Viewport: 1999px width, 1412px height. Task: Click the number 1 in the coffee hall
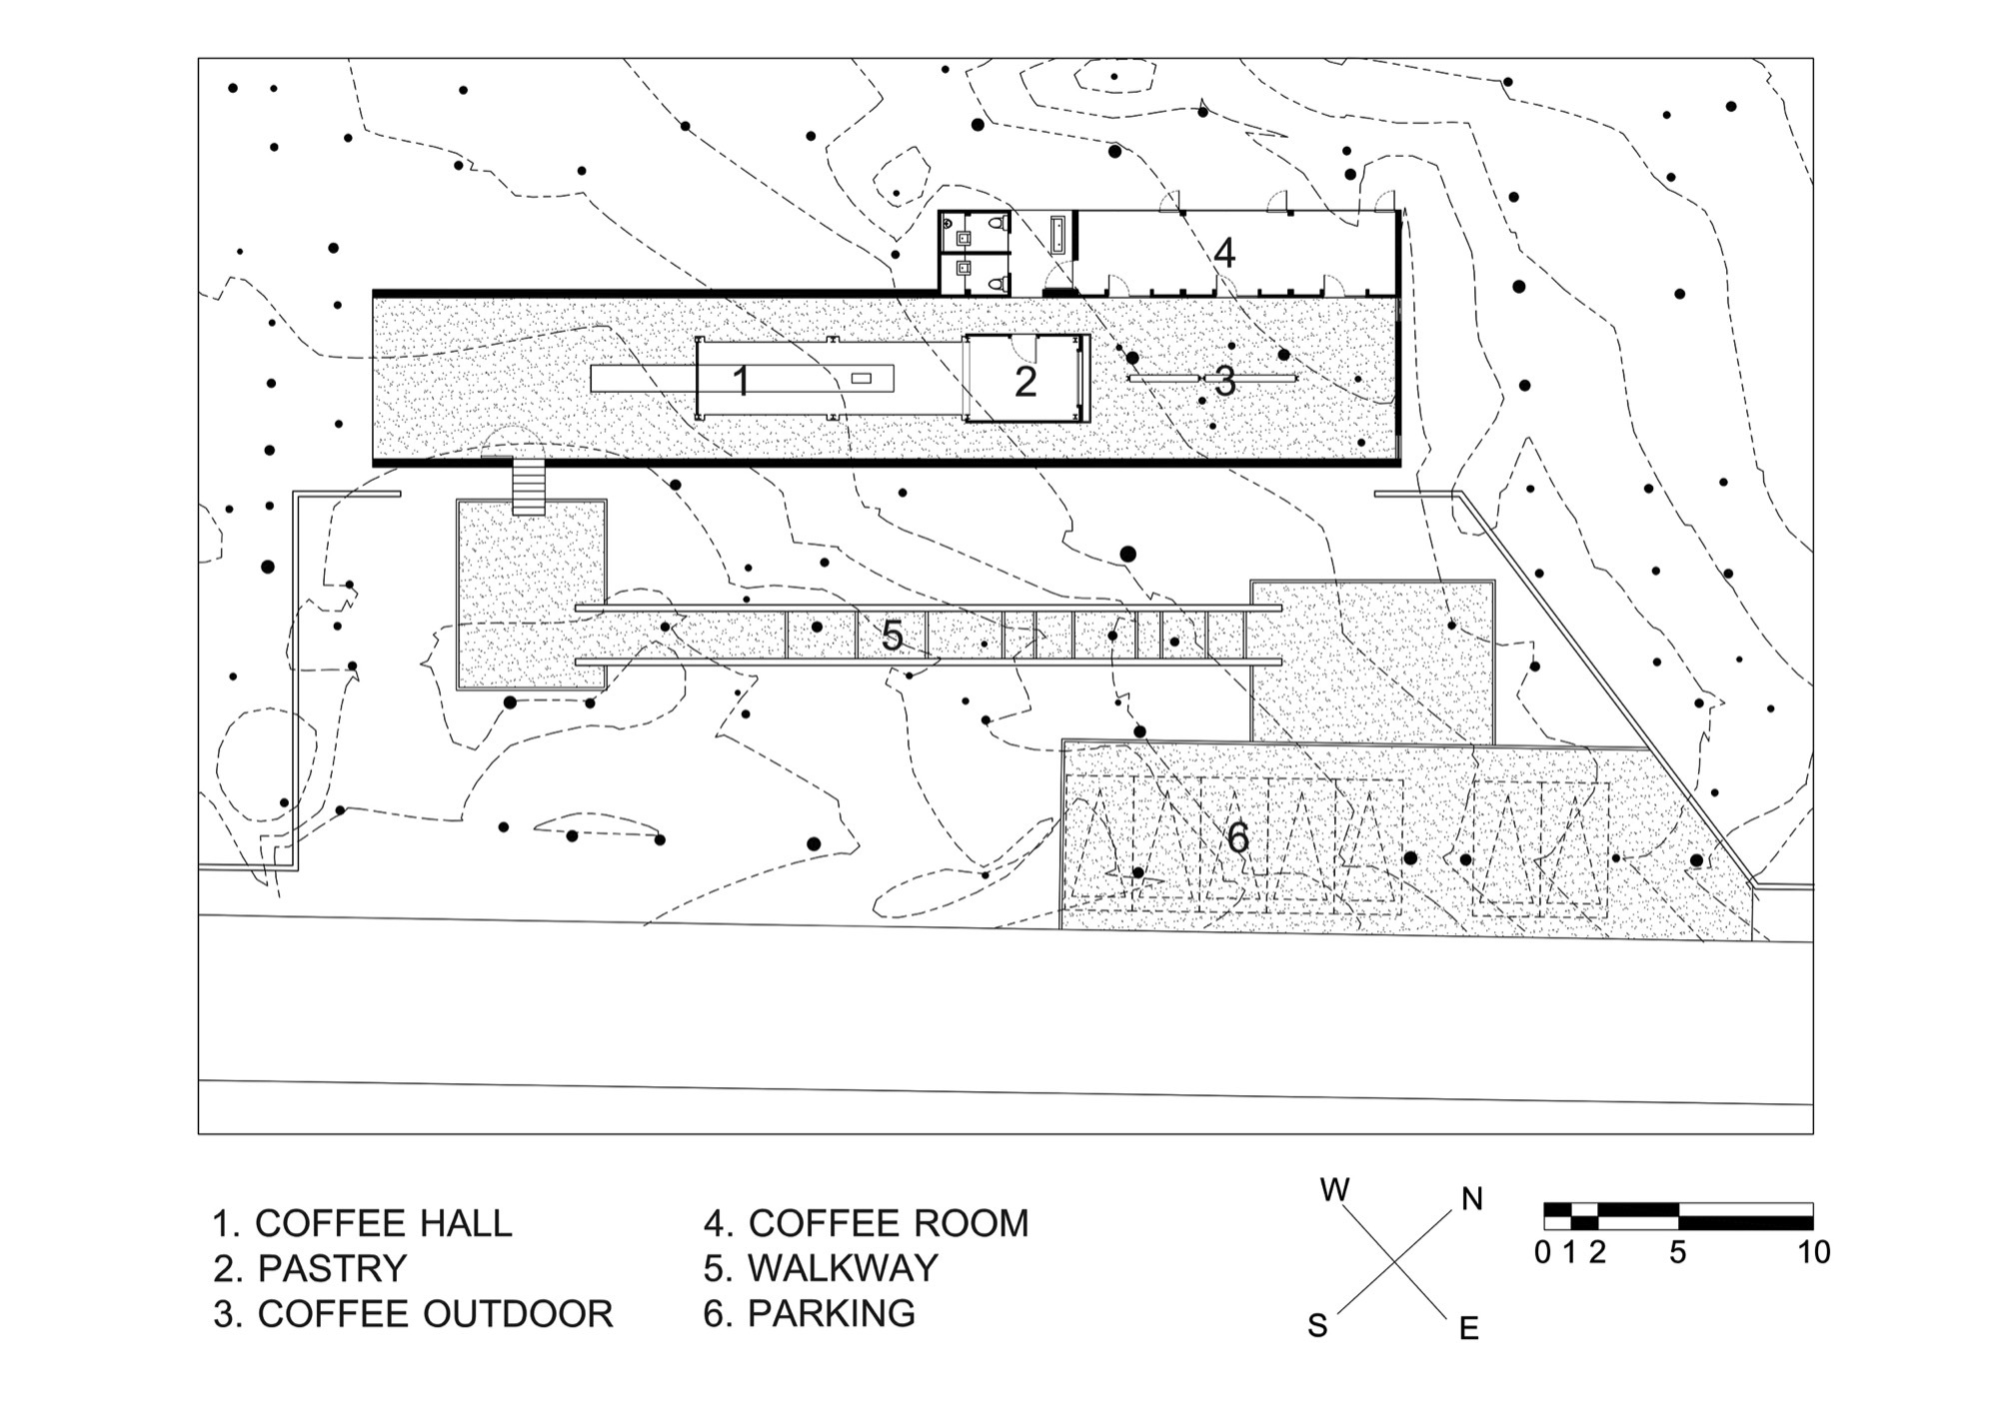[741, 381]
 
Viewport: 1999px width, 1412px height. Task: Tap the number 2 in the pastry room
[1025, 382]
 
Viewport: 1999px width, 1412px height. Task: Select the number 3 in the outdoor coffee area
[1225, 381]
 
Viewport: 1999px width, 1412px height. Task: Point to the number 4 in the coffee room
[1224, 254]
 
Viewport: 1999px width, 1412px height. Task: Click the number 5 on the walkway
[893, 636]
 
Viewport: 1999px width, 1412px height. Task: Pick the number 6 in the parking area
[1237, 837]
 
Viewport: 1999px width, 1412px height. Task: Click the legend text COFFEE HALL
[383, 1223]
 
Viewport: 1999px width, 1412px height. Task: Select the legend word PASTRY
[332, 1268]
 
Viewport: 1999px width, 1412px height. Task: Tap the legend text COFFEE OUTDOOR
[435, 1313]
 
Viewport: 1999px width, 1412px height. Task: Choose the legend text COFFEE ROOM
[888, 1223]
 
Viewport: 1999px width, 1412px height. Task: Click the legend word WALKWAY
[843, 1268]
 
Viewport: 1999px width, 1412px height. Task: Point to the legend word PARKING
[831, 1313]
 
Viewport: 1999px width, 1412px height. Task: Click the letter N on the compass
[1471, 1199]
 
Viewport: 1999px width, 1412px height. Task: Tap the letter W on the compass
[1335, 1190]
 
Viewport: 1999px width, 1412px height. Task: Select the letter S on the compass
[1318, 1326]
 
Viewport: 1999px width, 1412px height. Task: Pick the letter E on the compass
[1468, 1328]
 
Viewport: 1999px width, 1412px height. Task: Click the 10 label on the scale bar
[1814, 1252]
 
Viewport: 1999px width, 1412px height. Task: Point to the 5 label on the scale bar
[1678, 1252]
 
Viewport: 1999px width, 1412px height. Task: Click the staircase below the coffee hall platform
[529, 486]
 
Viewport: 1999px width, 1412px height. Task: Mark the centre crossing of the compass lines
[1394, 1263]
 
